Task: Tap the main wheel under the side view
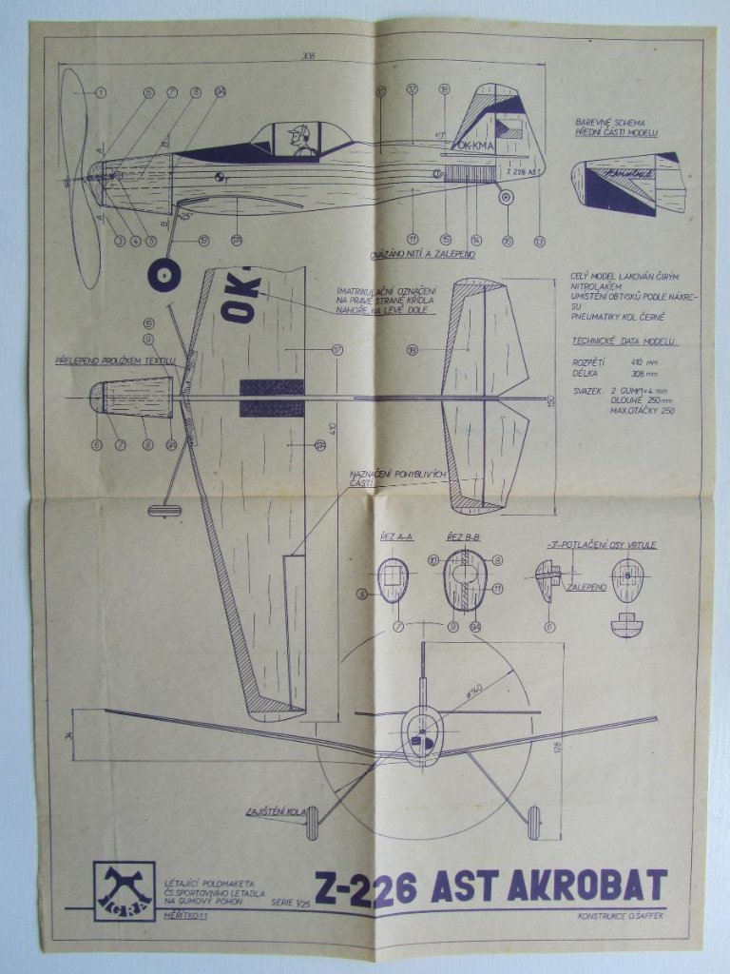tap(163, 274)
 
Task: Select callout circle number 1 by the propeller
tap(101, 92)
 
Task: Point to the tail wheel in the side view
tap(507, 197)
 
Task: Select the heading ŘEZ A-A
tap(395, 537)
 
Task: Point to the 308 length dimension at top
tap(307, 56)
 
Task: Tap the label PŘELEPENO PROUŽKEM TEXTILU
tap(115, 361)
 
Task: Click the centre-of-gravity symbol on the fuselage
tap(220, 176)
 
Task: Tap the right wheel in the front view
tap(533, 823)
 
